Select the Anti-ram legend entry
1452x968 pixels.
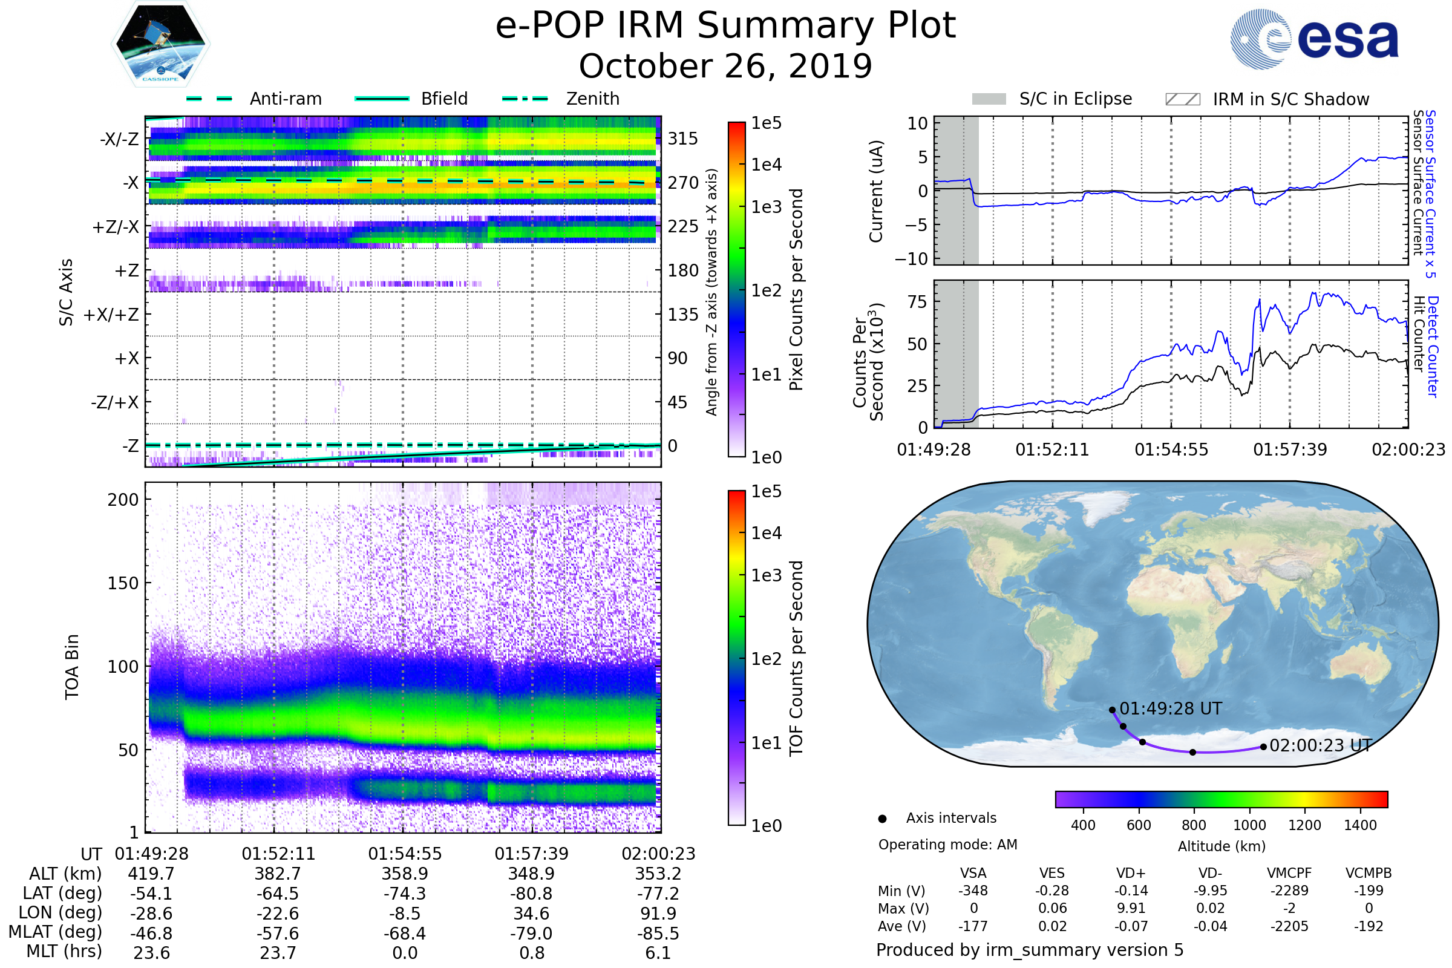pos(284,99)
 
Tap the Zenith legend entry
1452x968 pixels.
pos(592,99)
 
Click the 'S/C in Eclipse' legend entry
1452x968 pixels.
pos(1075,99)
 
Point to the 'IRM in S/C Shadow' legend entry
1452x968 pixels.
pos(1290,99)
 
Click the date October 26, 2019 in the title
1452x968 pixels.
pos(725,66)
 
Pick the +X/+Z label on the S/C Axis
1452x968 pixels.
pos(111,315)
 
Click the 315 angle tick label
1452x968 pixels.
pos(682,139)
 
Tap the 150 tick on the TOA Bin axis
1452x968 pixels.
pos(123,583)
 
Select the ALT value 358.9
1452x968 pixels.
pos(404,874)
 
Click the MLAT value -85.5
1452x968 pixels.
pos(658,933)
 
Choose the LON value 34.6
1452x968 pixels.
pos(531,913)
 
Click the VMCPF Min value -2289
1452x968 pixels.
pos(1289,891)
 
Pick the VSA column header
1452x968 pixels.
pos(973,873)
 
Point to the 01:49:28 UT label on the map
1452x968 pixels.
pos(1171,708)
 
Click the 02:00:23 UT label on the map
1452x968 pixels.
pos(1321,746)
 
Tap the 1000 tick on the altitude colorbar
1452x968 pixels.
pos(1249,825)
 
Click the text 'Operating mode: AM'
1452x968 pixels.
pos(947,845)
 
